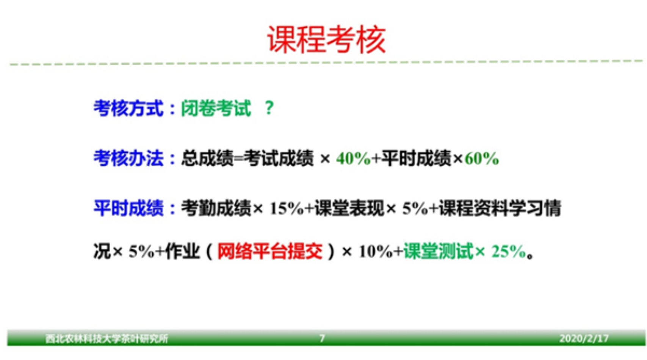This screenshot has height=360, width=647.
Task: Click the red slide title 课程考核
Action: click(327, 39)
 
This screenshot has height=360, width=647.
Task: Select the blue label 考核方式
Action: click(128, 108)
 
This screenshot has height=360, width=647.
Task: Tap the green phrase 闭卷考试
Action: click(216, 108)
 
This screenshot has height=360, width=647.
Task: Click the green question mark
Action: click(269, 108)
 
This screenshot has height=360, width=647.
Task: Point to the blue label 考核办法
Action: click(128, 158)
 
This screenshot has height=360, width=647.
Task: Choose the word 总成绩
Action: click(207, 158)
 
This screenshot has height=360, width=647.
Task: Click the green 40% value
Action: click(354, 158)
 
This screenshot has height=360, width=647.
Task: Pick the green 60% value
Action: click(482, 158)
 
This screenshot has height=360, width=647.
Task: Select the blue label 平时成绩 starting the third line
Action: click(128, 208)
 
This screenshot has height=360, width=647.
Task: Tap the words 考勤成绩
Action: click(216, 208)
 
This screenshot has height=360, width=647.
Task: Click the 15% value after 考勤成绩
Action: click(287, 208)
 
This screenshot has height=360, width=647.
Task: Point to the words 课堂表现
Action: click(349, 208)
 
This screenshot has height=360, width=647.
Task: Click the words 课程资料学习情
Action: click(500, 208)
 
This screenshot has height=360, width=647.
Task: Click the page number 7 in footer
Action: click(322, 338)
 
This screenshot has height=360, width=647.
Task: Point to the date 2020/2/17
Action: click(584, 338)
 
